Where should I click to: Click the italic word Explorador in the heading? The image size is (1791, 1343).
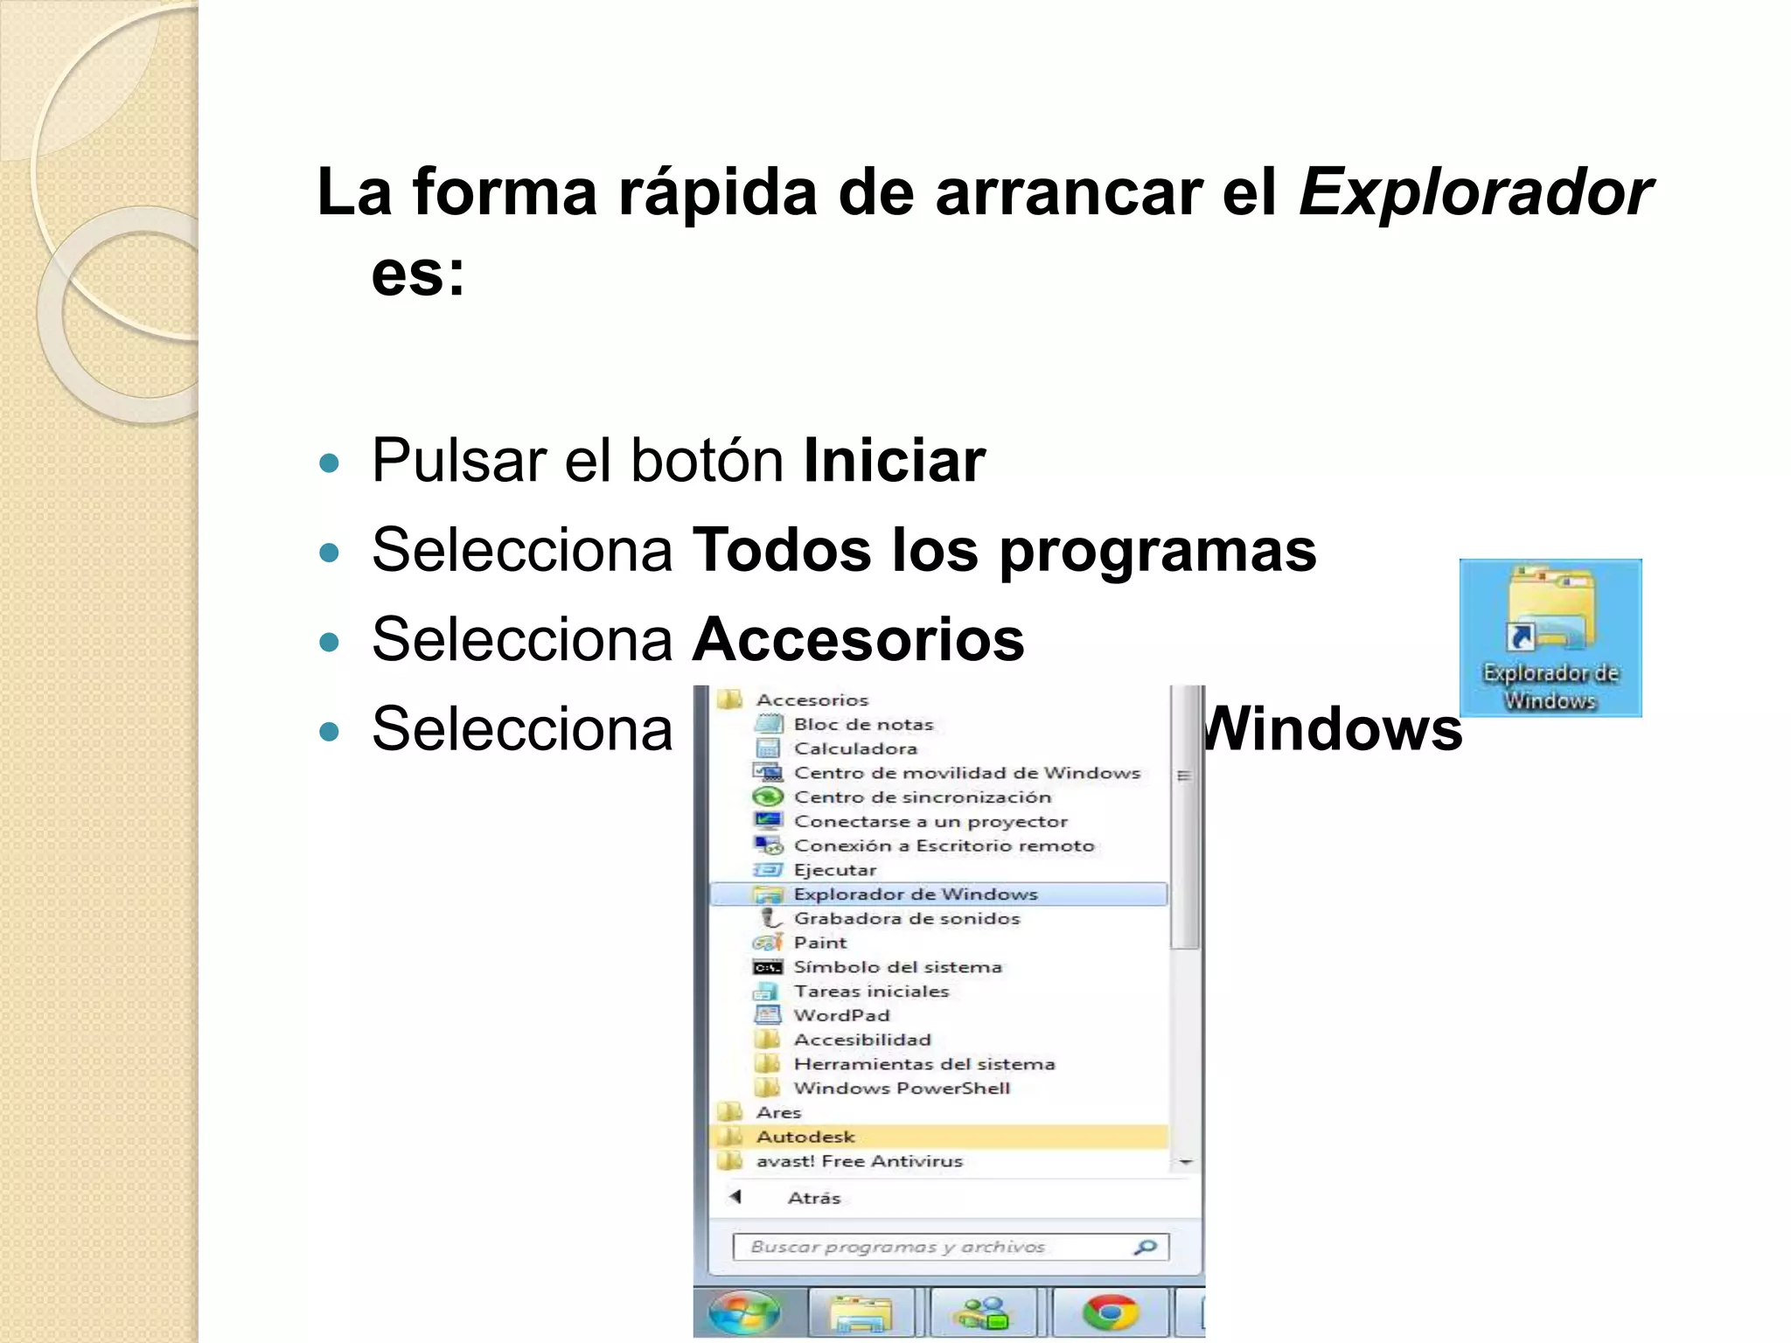tap(1474, 192)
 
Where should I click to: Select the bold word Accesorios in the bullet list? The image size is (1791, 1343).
tap(857, 639)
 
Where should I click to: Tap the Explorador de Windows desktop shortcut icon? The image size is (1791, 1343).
tap(1550, 637)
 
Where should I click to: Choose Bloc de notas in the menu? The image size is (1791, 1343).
tap(863, 724)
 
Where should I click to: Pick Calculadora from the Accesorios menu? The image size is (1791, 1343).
tap(855, 748)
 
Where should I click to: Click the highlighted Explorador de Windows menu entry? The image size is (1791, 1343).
tap(915, 894)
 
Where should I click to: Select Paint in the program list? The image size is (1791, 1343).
tap(819, 943)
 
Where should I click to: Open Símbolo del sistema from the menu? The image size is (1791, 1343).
tap(897, 967)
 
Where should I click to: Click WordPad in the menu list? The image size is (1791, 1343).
tap(841, 1015)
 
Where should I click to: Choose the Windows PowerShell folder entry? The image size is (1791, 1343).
tap(902, 1088)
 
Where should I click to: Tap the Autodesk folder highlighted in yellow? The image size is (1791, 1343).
tap(805, 1137)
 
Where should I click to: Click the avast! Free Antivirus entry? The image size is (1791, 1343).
tap(859, 1161)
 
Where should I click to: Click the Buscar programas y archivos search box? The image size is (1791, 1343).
tap(927, 1247)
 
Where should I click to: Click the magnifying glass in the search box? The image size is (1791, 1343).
tap(1145, 1247)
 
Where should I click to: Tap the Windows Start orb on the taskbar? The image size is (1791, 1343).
tap(744, 1313)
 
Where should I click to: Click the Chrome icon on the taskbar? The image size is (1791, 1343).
tap(1110, 1313)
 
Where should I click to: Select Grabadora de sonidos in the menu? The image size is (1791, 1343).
tap(906, 918)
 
